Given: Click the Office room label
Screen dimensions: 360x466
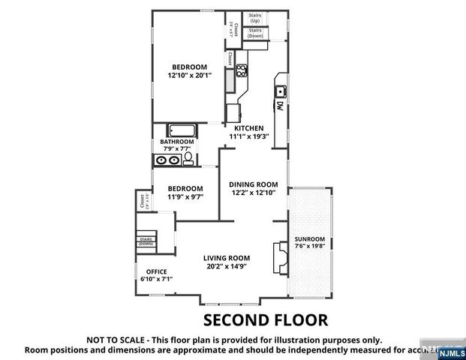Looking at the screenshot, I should coord(156,271).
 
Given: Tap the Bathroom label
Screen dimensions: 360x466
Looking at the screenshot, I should coord(176,141).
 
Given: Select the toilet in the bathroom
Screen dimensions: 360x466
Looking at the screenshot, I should coord(188,158).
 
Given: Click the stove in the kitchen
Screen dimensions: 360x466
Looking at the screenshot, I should coord(242,72).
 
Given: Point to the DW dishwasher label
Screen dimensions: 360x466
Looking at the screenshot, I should coord(279,107).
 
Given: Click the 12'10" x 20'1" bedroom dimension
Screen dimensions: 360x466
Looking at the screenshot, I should coord(188,74).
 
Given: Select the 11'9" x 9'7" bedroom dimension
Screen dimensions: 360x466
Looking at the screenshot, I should coord(185,196).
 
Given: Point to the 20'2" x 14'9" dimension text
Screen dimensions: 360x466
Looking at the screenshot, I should coord(226,265).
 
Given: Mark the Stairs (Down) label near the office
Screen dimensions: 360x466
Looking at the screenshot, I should coord(146,241).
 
